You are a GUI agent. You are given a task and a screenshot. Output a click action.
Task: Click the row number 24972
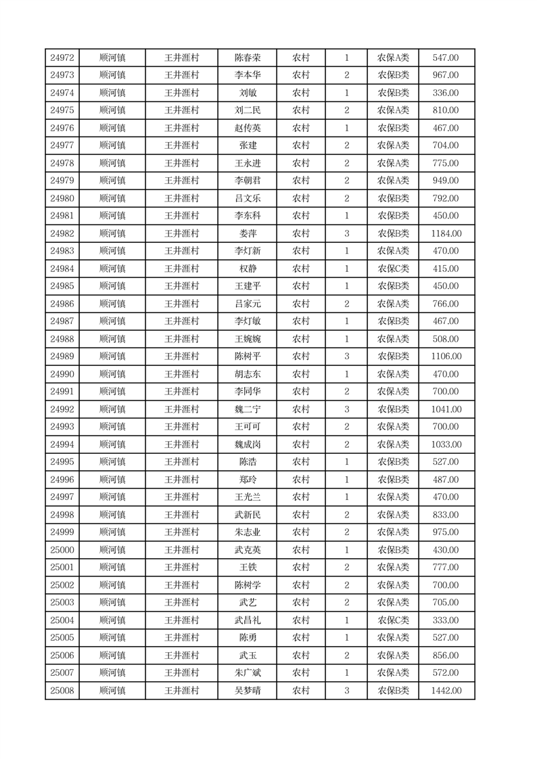pyautogui.click(x=62, y=57)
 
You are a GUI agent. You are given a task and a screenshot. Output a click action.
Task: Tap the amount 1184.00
pyautogui.click(x=446, y=233)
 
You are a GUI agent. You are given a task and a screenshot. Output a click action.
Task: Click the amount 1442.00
pyautogui.click(x=446, y=691)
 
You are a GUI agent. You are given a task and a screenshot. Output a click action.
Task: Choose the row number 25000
pyautogui.click(x=62, y=550)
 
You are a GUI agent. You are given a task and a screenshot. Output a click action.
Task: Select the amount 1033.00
pyautogui.click(x=446, y=444)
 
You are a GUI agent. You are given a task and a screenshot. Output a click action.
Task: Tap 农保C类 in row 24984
pyautogui.click(x=393, y=269)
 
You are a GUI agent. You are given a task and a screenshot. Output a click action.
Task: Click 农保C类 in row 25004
pyautogui.click(x=393, y=620)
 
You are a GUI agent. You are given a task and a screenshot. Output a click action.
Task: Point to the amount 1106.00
pyautogui.click(x=446, y=356)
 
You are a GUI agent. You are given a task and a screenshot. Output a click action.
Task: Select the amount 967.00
pyautogui.click(x=446, y=75)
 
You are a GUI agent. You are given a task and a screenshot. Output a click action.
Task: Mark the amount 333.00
pyautogui.click(x=446, y=620)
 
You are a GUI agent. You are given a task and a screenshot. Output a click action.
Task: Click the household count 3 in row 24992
pyautogui.click(x=347, y=409)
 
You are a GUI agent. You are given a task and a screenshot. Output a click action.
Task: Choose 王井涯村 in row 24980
pyautogui.click(x=182, y=198)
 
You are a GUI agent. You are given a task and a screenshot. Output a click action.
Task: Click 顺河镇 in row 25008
pyautogui.click(x=112, y=691)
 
